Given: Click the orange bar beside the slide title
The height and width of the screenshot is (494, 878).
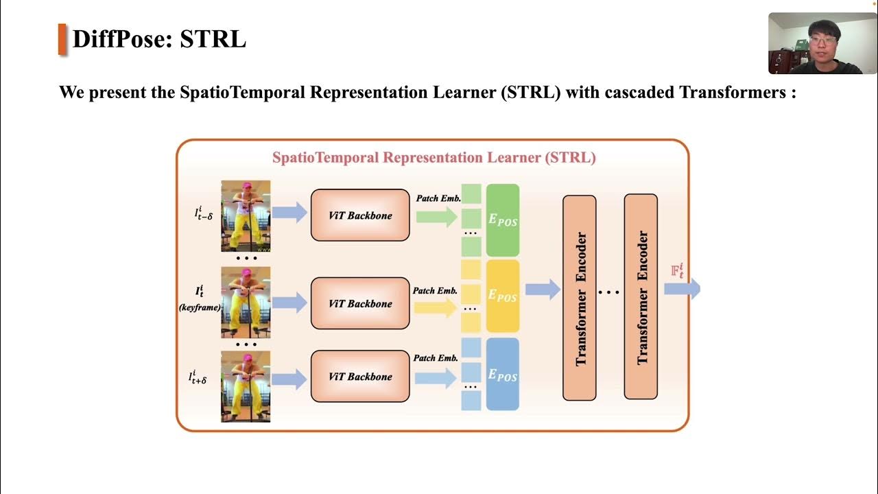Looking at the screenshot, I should tap(62, 39).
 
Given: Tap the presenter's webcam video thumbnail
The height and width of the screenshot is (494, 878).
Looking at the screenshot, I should tap(822, 43).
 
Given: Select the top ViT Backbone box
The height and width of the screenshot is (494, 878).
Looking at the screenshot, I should tap(360, 215).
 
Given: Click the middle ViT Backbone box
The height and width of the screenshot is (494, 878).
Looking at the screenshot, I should tap(360, 303).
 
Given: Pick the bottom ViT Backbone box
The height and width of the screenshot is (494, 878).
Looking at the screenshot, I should tap(360, 376).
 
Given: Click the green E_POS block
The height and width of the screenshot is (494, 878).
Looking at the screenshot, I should tap(503, 220).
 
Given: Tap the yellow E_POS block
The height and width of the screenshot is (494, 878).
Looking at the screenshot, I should tap(503, 296).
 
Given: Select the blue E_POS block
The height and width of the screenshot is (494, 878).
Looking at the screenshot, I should tap(503, 374).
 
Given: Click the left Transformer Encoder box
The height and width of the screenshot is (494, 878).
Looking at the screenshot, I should tap(580, 298).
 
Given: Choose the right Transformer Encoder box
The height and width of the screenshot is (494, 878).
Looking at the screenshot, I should tap(641, 297).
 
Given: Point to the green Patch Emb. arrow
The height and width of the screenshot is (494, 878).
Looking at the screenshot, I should tap(436, 217).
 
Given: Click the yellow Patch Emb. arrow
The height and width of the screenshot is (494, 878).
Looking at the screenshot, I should tap(434, 308).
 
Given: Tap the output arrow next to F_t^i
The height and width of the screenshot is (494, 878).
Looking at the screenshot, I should tap(683, 288).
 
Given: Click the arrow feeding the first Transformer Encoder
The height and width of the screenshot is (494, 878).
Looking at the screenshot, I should tap(543, 290).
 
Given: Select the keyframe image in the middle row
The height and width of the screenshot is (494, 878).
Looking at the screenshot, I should tap(246, 303).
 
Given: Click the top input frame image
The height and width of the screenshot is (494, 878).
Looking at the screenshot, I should tap(246, 216).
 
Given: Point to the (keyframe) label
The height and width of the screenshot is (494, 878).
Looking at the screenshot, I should tap(200, 308).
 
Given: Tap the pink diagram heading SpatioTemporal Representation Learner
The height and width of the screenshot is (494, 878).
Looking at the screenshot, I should tap(434, 157).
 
